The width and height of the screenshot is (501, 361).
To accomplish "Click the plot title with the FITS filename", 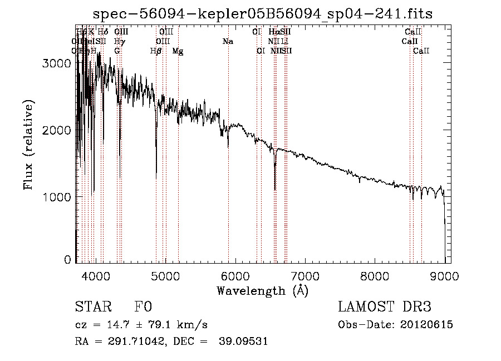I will pos(263,13).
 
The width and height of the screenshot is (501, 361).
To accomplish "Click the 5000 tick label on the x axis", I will pos(165,276).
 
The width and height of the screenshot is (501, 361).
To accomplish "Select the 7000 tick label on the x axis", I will pos(305,276).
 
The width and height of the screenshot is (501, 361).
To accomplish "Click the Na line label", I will pos(228,41).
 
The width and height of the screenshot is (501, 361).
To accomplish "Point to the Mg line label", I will pos(178,51).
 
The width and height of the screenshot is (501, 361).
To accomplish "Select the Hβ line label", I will pos(156,51).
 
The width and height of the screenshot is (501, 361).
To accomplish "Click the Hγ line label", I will pos(119,41).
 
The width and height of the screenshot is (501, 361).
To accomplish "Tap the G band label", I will pos(117,51).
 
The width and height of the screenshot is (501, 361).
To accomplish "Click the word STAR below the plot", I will pos(91,308).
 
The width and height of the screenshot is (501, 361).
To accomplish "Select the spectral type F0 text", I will pos(143,308).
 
